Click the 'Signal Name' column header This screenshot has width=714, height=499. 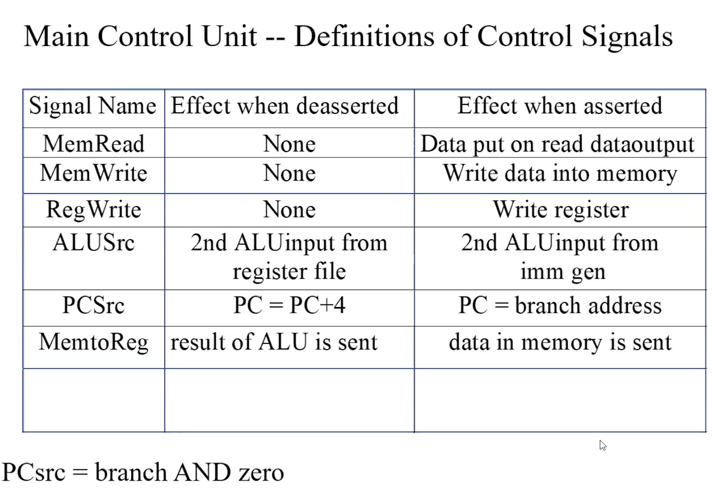(93, 106)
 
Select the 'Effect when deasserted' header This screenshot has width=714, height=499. (285, 105)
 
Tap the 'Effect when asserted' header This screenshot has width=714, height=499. (560, 105)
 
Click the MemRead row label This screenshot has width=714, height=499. (94, 144)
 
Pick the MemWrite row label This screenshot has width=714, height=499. (94, 173)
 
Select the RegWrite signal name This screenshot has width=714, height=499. (94, 210)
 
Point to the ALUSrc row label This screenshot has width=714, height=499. (94, 243)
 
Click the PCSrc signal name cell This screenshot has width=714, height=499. (94, 305)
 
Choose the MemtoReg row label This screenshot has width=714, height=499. (94, 343)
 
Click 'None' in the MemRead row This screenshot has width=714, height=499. (289, 144)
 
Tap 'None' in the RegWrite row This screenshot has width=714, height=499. (289, 210)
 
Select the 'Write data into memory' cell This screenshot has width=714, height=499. (560, 174)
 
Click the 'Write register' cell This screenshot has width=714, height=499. (561, 210)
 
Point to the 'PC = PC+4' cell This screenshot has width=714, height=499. (289, 305)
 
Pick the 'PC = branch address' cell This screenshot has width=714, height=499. (560, 305)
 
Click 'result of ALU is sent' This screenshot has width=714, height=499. (274, 342)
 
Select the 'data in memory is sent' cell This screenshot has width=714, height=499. (560, 343)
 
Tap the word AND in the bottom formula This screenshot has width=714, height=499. (202, 472)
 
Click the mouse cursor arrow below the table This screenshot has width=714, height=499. (603, 445)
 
